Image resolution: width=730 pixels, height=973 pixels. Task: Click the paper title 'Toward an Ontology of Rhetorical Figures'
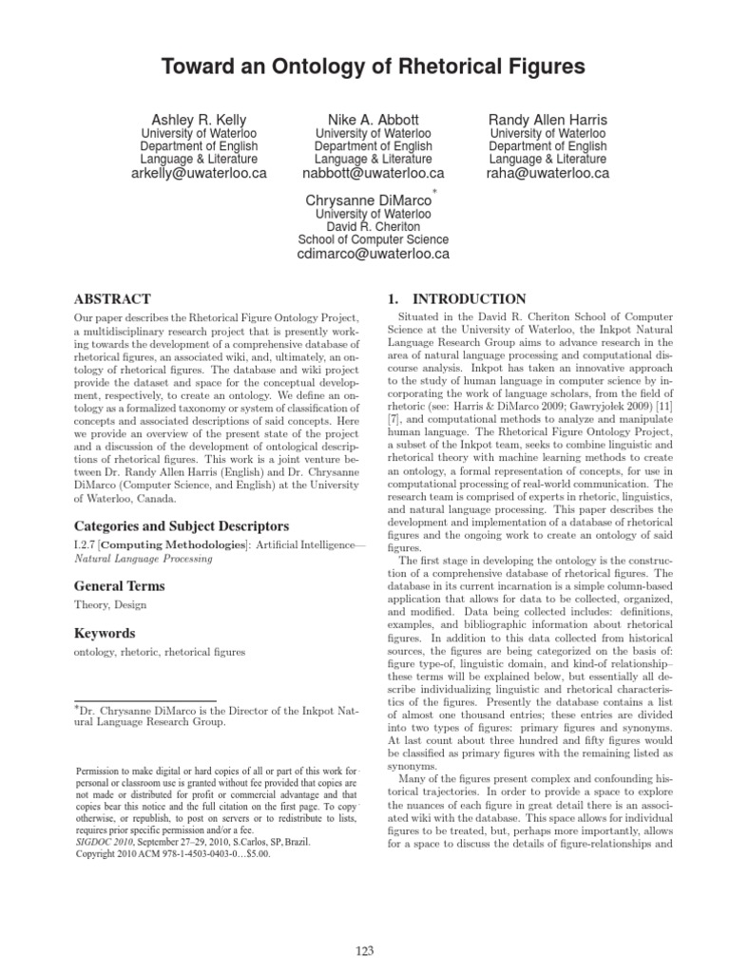click(x=365, y=66)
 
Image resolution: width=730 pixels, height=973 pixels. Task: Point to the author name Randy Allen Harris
click(x=547, y=119)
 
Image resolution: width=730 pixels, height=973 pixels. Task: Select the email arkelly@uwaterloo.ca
click(x=199, y=174)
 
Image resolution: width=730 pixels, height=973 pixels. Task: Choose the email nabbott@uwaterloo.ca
click(x=373, y=174)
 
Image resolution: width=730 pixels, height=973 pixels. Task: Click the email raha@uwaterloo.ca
click(x=547, y=174)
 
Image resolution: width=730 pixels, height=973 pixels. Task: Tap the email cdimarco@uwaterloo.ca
click(x=373, y=255)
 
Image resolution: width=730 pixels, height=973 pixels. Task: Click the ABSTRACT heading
click(x=112, y=297)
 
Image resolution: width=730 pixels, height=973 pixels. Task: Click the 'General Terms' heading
click(x=120, y=586)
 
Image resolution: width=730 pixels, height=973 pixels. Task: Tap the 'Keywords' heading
click(x=104, y=633)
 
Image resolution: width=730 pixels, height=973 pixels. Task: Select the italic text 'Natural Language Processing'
click(x=143, y=559)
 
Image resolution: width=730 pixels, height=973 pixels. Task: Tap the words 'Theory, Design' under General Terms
click(x=109, y=605)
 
